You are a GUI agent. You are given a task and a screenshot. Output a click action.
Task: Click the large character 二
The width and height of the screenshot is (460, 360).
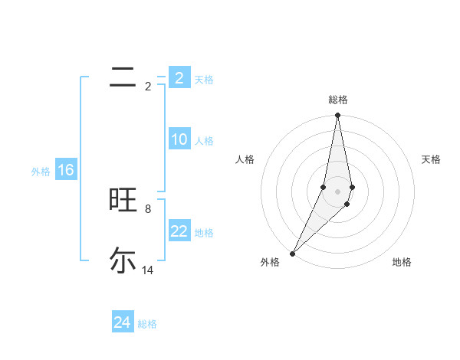click(x=123, y=77)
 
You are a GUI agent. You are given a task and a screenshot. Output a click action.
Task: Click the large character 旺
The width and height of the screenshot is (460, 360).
click(x=123, y=201)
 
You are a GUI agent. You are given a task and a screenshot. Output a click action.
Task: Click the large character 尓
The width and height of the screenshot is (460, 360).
click(x=123, y=260)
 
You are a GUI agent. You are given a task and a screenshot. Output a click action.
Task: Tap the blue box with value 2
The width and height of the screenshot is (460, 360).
click(x=179, y=78)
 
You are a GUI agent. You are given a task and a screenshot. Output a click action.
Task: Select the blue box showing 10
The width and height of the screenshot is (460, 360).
click(x=179, y=139)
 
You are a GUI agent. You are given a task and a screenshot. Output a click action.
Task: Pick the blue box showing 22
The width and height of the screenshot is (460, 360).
click(x=179, y=231)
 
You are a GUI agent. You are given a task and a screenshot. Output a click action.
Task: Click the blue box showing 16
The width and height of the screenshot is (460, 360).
click(x=65, y=170)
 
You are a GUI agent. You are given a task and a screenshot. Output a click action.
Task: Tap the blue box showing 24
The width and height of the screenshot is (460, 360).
click(x=122, y=322)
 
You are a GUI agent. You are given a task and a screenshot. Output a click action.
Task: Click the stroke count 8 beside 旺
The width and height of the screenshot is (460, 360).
click(x=148, y=208)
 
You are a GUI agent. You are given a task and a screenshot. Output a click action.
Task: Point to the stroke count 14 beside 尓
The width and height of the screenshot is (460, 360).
click(x=148, y=270)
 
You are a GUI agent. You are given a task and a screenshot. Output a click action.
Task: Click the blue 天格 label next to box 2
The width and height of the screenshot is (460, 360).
click(x=204, y=80)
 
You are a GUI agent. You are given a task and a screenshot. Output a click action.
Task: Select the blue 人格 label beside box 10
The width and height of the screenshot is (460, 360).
click(x=204, y=141)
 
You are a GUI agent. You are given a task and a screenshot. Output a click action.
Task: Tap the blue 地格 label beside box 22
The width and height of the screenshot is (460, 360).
click(x=204, y=233)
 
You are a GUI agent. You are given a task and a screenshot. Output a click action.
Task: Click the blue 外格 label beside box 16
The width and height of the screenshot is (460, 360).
click(x=41, y=172)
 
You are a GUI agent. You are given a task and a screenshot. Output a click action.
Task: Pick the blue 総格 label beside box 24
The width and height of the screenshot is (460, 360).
click(x=147, y=324)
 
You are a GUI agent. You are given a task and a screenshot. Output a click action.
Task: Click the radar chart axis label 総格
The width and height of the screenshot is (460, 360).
click(x=338, y=100)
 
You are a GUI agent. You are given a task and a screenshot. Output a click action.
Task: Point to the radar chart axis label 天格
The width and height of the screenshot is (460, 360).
click(x=431, y=159)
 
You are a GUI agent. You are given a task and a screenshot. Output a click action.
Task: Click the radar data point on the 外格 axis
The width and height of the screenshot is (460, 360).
click(x=293, y=253)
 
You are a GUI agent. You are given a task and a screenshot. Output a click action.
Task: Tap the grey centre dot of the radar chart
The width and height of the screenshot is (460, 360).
click(x=338, y=191)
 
